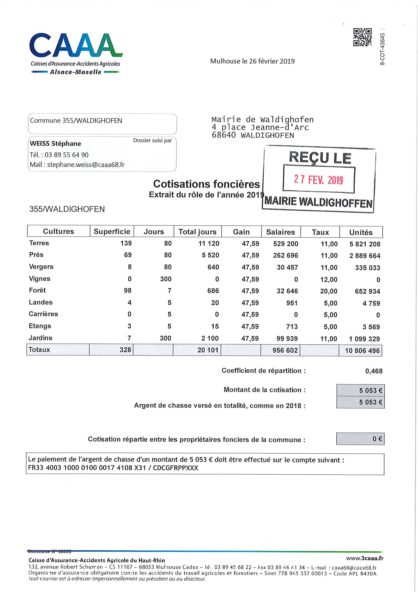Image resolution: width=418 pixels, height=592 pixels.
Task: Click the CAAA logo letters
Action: coord(76,46)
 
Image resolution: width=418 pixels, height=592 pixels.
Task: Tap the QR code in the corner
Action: coord(362,37)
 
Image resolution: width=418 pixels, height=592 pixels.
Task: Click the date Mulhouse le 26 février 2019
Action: coord(252,61)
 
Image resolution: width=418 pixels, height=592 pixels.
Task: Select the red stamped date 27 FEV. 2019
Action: coord(319,179)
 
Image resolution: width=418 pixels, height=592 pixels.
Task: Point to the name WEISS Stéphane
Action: coord(55,144)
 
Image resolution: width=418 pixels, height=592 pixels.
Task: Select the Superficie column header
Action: coord(112,231)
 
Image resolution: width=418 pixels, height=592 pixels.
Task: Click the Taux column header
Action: coord(320,232)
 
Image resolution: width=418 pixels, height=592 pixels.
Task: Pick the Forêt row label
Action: coord(37,290)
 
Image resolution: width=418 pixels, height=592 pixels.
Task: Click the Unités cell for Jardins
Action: coord(365,339)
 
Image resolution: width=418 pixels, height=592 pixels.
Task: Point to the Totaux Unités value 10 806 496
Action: coord(362,351)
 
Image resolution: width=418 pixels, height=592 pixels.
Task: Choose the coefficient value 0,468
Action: coord(374,371)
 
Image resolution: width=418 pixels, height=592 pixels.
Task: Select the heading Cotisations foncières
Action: coord(206,184)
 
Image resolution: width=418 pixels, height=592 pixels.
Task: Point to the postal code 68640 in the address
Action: coord(224,135)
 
